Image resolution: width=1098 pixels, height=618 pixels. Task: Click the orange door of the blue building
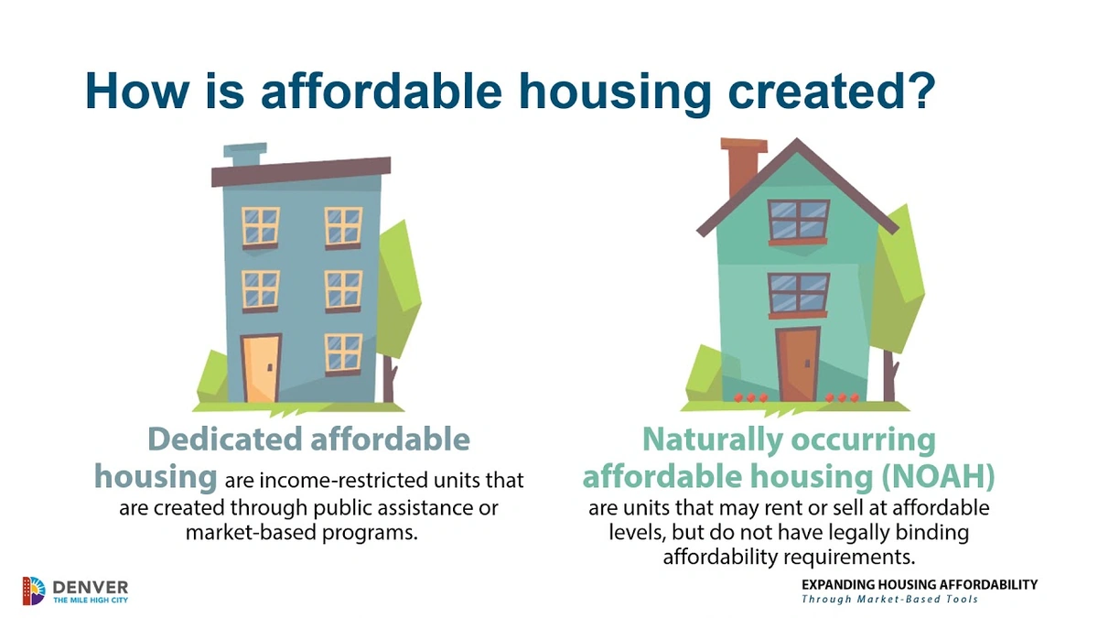click(260, 367)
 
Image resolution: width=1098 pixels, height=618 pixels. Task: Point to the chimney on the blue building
click(244, 156)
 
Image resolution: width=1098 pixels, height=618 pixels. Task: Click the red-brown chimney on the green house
click(742, 168)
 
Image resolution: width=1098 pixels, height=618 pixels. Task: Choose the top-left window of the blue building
click(261, 226)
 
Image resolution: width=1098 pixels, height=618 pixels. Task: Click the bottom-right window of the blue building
click(343, 352)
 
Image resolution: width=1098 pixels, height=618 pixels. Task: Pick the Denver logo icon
click(33, 591)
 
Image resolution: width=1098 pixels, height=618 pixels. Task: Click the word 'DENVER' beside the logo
click(90, 585)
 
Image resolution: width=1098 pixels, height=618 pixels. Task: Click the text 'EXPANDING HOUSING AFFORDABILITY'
click(919, 584)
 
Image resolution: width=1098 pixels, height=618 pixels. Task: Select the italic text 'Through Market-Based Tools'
click(889, 600)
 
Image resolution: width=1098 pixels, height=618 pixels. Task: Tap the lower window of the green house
click(798, 292)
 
